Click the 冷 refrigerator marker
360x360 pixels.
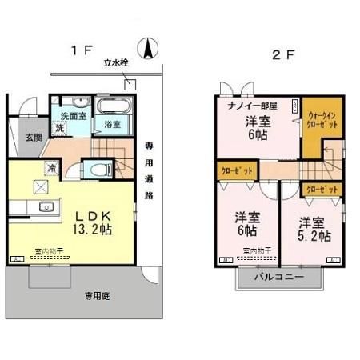tap(52, 168)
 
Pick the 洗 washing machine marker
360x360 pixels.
tap(59, 127)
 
